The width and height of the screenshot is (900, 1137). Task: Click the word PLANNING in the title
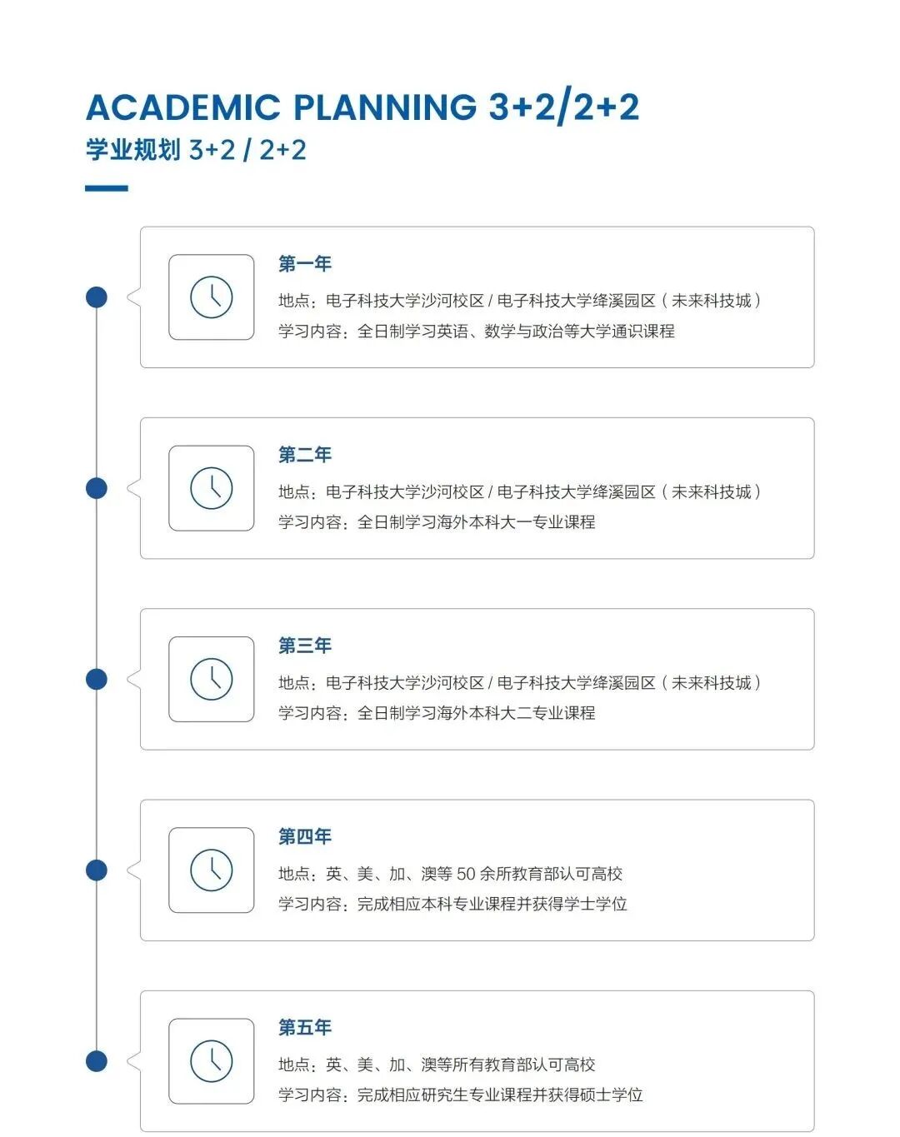tap(385, 107)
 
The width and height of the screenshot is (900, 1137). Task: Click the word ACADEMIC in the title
tap(183, 107)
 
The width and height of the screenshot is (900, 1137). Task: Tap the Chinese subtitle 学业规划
tap(133, 150)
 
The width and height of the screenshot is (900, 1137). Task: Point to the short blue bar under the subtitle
tap(107, 188)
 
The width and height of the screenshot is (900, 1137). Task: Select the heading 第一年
tap(305, 264)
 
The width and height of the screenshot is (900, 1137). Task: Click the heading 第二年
tap(305, 455)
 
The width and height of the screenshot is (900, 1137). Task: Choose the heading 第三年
tap(305, 646)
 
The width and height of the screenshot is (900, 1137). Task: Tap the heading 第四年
tap(305, 836)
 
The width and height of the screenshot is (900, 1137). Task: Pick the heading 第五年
tap(305, 1027)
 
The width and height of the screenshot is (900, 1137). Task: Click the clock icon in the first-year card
tap(212, 297)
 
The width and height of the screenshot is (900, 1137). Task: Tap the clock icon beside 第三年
tap(212, 679)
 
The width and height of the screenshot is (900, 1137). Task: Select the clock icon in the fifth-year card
tap(212, 1060)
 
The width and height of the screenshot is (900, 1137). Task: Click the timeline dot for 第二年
tap(97, 488)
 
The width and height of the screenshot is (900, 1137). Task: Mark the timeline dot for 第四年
tap(97, 870)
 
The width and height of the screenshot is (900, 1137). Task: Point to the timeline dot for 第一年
tap(97, 297)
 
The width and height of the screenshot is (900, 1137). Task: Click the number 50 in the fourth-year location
tap(466, 874)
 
